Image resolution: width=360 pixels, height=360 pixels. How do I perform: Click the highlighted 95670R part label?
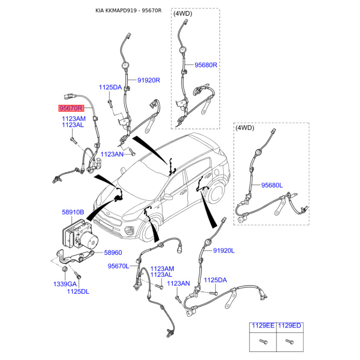pos(71,108)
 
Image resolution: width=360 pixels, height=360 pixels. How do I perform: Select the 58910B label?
pos(73,212)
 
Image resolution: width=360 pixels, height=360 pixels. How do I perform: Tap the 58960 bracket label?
pos(113,252)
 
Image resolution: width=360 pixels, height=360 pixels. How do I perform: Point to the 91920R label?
pos(148,80)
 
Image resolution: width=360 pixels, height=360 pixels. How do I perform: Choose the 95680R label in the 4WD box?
pos(206,65)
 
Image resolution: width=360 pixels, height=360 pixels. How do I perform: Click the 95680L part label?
pos(272,185)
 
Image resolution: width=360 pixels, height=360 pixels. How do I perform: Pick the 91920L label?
pos(224,251)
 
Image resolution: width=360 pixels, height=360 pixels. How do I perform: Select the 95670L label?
pos(118,266)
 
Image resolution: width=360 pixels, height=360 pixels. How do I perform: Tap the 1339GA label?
pos(65,284)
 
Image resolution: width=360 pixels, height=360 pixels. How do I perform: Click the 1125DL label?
pos(78,292)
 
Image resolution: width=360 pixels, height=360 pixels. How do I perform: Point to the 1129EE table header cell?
pos(263,325)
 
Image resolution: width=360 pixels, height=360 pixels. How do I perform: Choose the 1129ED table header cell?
pos(290,325)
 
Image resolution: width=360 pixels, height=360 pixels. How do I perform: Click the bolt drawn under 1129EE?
pos(263,342)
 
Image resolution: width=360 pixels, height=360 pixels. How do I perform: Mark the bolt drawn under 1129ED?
pos(289,342)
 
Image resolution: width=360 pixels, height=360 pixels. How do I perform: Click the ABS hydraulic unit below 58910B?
pos(80,234)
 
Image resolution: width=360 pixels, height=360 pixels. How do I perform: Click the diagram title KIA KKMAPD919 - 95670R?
pos(128,10)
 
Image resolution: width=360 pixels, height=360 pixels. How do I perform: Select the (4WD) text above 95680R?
pos(183,13)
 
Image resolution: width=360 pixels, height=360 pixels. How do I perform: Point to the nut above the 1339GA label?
pos(65,269)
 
